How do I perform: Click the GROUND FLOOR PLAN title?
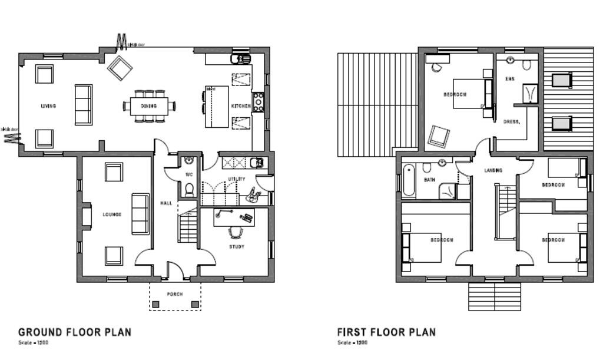pos(75,332)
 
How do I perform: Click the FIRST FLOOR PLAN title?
pos(386,332)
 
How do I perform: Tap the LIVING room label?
pos(48,106)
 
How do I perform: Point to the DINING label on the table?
pos(148,106)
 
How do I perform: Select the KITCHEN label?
pos(240,106)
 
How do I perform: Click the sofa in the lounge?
pos(140,213)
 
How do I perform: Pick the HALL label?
pos(166,203)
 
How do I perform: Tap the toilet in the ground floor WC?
pos(189,189)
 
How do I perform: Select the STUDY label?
pos(237,247)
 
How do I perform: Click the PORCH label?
pos(175,294)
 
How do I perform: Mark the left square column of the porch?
pos(155,304)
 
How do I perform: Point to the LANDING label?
pos(493,170)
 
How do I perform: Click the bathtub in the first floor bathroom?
pos(409,180)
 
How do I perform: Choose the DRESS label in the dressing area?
pos(511,122)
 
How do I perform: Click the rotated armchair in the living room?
pos(120,68)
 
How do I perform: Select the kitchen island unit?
pos(217,107)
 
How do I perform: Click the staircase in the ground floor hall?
pos(187,227)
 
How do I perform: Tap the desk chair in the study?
pos(236,233)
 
